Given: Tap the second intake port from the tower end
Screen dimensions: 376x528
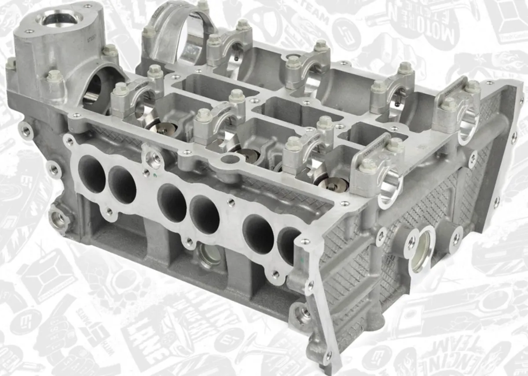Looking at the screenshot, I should pos(122,185).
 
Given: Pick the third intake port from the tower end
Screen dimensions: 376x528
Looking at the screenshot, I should pos(171,203).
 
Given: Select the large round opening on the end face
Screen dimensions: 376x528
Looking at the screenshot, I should pos(421,251).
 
